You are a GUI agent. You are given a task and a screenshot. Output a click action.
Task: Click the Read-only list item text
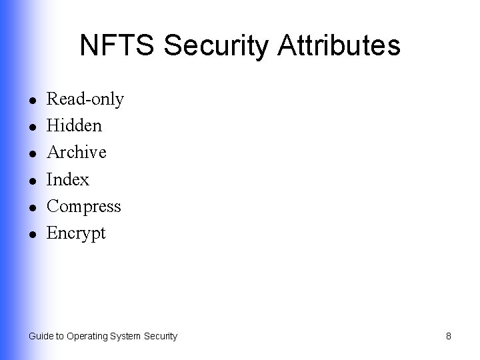pos(85,99)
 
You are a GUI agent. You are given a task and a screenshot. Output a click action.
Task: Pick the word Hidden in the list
pos(74,126)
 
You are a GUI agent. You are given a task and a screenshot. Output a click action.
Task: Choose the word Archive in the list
pos(77,153)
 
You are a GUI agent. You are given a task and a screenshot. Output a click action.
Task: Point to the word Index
pos(68,180)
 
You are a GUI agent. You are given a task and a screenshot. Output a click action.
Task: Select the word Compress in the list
pos(84,207)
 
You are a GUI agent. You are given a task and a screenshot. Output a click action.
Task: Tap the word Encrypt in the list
pos(77,234)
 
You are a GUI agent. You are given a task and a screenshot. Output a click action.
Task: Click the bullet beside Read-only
pos(32,101)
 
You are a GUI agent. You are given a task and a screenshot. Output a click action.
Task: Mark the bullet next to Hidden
pos(32,127)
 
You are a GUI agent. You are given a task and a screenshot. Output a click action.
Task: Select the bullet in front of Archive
pos(32,154)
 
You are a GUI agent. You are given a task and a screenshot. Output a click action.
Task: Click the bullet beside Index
pos(32,181)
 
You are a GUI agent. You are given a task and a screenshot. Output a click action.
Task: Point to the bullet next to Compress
pos(32,207)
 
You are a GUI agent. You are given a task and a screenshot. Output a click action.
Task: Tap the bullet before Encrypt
pos(32,235)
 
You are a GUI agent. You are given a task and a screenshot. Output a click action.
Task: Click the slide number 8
pos(449,336)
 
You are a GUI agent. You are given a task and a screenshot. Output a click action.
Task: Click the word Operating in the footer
pos(87,336)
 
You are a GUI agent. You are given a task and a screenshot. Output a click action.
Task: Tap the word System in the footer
pos(127,336)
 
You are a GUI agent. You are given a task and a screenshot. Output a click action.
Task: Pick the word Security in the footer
pos(161,336)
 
